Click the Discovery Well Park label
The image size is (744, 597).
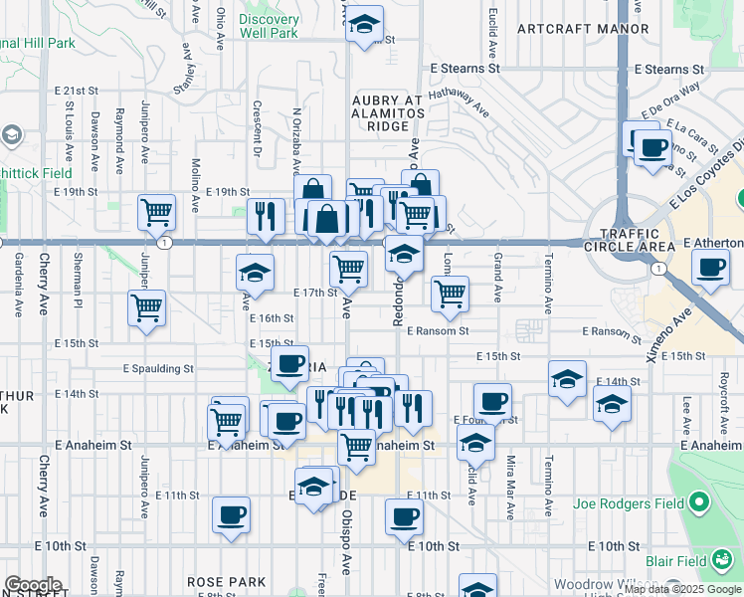point(269,26)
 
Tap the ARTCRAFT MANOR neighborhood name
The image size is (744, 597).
point(569,29)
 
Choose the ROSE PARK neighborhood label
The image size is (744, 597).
point(226,581)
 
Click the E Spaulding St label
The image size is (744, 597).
point(158,368)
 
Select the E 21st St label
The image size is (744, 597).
point(76,90)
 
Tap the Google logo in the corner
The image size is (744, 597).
point(32,586)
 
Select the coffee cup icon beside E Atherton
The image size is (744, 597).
point(710,268)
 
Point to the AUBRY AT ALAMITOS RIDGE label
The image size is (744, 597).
point(387,113)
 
